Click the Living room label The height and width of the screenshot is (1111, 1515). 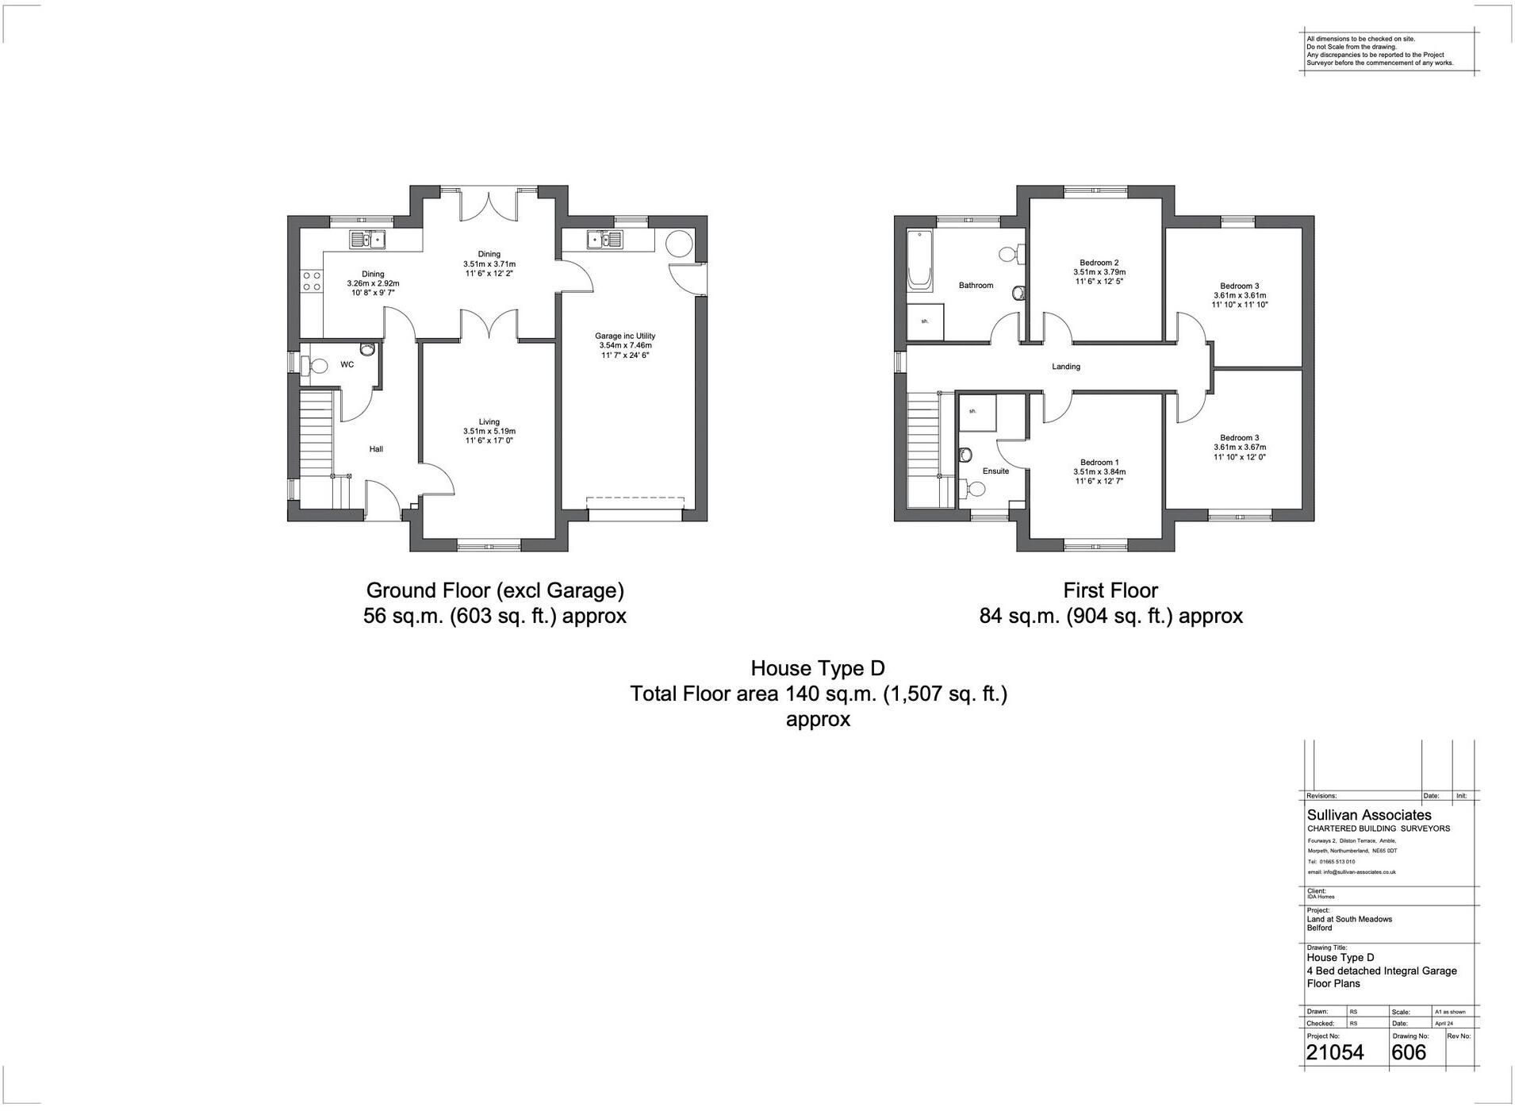coord(489,422)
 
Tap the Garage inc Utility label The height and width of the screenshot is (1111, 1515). coord(626,336)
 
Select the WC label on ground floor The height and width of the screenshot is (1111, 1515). coord(347,365)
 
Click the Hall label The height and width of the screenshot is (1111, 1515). coord(376,449)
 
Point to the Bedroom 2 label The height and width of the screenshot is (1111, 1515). coord(1099,263)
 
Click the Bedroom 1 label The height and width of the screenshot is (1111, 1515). coord(1099,463)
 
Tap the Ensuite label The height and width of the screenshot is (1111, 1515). coord(995,471)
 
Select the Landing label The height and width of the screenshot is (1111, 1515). coord(1065,367)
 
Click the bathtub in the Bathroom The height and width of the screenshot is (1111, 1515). coord(919,258)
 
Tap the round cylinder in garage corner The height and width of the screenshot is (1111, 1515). coord(680,243)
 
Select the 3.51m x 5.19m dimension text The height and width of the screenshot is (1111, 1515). coord(489,432)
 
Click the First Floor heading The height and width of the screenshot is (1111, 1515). coord(1110,590)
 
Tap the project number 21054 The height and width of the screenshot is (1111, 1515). coord(1335,1052)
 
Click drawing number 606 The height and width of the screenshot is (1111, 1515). coord(1409,1052)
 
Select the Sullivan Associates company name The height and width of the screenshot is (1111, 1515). coord(1369,815)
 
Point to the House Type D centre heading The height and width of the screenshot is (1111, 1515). coord(817,668)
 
